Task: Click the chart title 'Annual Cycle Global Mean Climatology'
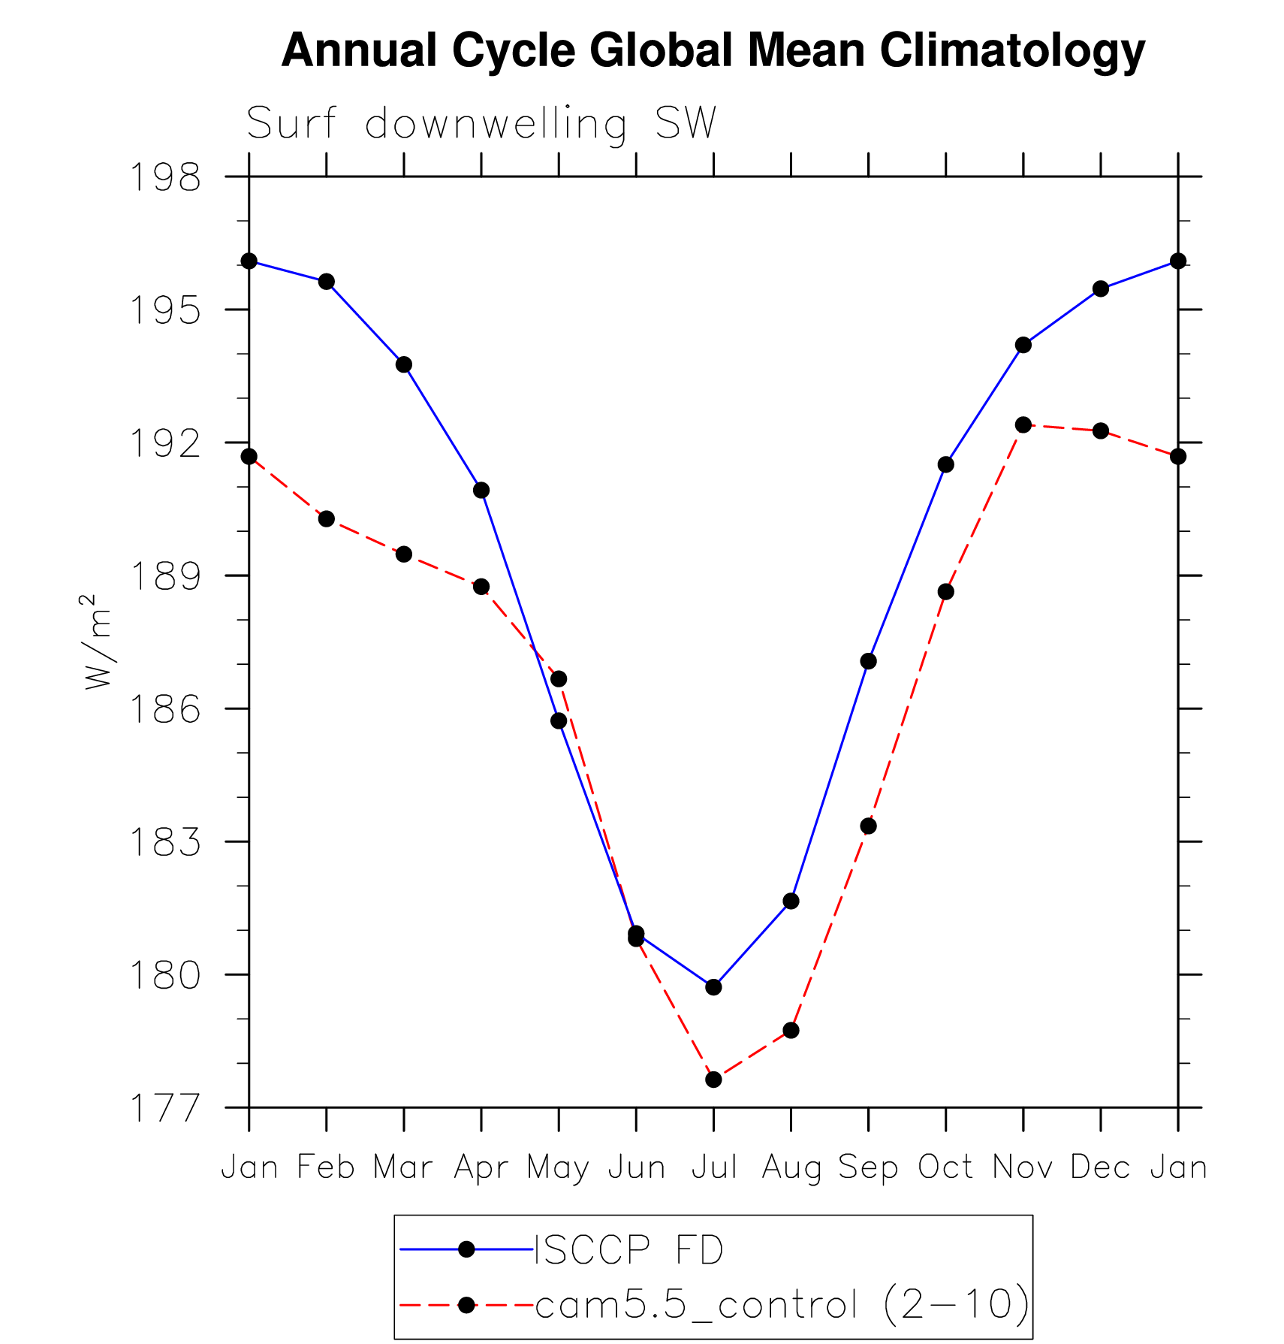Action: [713, 51]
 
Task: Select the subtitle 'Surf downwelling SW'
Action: [481, 124]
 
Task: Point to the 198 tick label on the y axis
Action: [166, 178]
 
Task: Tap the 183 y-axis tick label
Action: [166, 842]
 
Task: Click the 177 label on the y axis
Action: [166, 1108]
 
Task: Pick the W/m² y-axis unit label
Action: [97, 642]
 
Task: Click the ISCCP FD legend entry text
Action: [628, 1250]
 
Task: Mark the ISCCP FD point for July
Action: [713, 986]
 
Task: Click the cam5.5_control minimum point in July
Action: [713, 1080]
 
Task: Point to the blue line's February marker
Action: [327, 282]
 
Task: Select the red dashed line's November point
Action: [1023, 425]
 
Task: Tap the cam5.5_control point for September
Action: [868, 826]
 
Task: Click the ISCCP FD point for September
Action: [868, 661]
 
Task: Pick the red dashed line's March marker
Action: [404, 554]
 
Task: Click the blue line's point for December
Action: [1101, 288]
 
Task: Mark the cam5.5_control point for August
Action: [791, 1030]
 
